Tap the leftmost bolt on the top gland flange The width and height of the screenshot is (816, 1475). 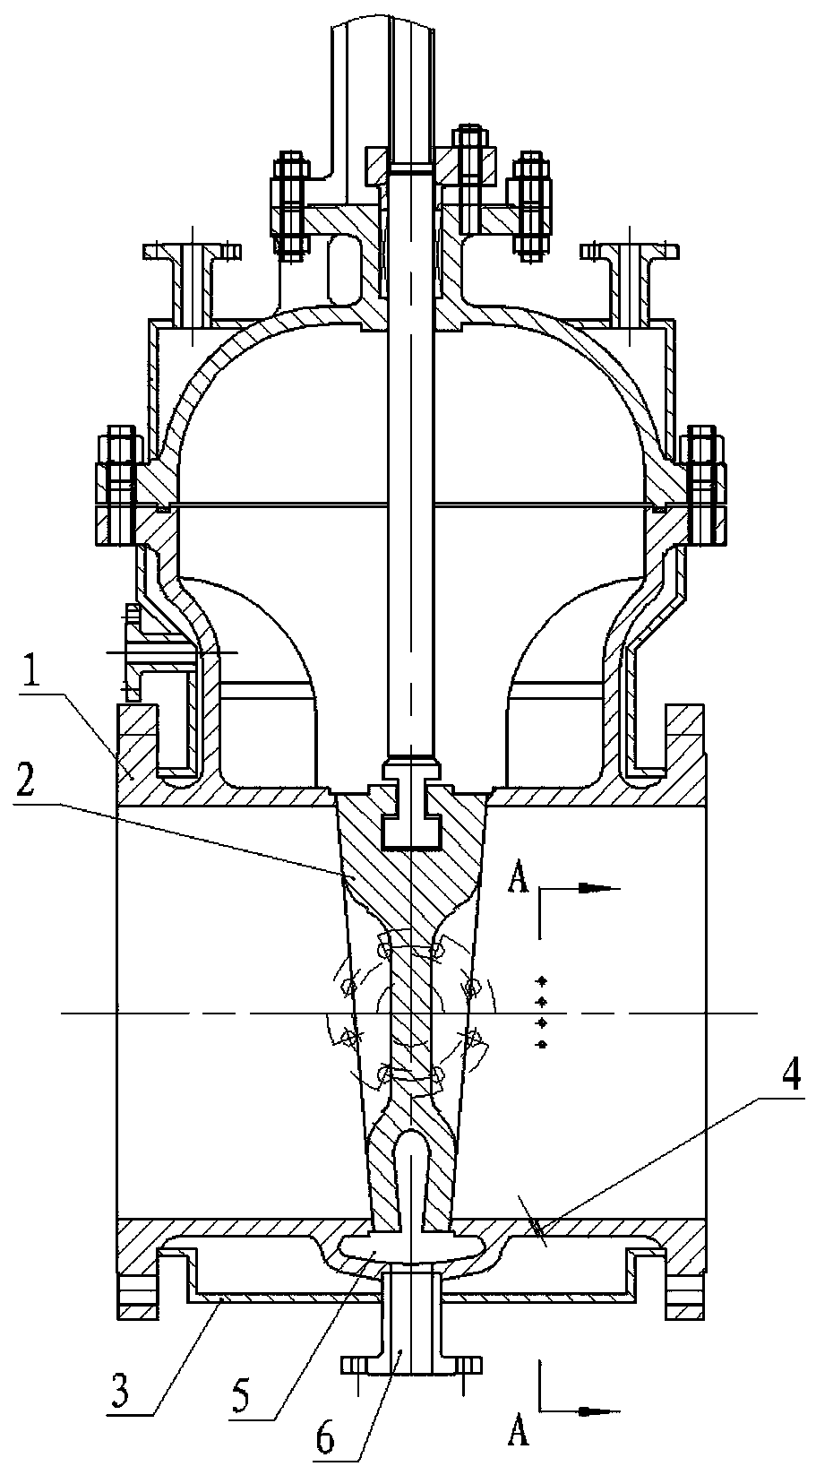coord(289,204)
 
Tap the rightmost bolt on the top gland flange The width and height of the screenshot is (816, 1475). coord(532,204)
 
